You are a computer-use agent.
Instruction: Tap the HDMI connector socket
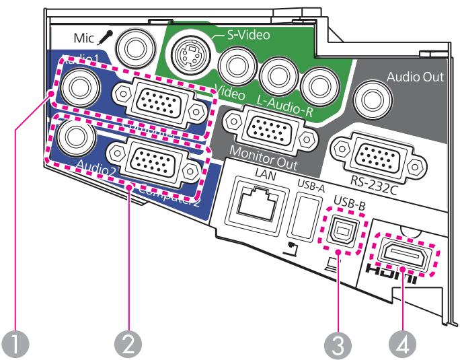[403, 254]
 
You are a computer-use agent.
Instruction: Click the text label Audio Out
[415, 77]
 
